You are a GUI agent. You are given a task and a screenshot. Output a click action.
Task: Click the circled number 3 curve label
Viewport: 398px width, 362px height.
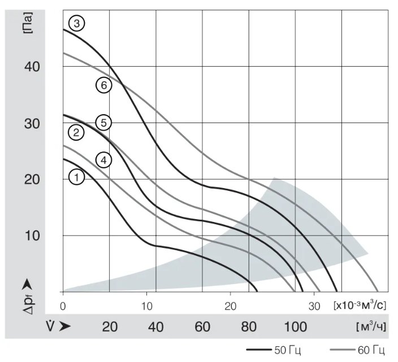click(76, 23)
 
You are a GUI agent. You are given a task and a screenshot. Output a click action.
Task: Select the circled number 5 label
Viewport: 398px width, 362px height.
click(103, 122)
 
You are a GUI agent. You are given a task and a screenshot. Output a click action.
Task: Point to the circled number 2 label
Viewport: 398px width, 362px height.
click(76, 133)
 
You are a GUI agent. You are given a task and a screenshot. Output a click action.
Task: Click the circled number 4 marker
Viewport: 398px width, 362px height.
click(103, 160)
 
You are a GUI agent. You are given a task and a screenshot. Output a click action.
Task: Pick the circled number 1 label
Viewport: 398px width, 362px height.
click(77, 177)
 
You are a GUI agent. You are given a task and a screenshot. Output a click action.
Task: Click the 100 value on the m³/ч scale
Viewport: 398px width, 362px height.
click(295, 326)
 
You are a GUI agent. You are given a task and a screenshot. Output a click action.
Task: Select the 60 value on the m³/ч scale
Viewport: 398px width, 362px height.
click(202, 326)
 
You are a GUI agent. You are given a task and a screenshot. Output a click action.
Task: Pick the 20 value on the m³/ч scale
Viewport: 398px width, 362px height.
click(109, 326)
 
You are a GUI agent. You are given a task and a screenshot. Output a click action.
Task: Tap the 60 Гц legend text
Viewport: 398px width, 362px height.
click(371, 351)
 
